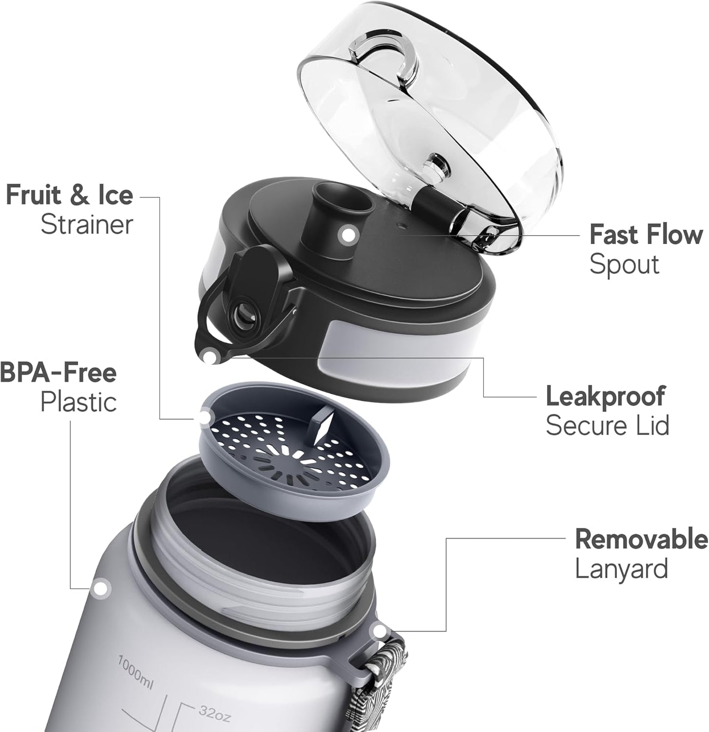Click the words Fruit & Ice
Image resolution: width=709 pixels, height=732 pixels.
coord(69,195)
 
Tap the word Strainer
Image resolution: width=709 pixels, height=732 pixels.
coord(87,225)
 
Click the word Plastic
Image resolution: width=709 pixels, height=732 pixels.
coord(79,402)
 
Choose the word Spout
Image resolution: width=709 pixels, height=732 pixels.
coord(624,265)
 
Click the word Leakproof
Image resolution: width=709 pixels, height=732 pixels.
coord(605,396)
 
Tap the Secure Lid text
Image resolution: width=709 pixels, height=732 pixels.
coord(607,425)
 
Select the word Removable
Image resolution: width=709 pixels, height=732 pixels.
coord(642,539)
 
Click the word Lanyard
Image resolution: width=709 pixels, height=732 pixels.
coord(621,569)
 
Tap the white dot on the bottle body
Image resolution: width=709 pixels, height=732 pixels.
coord(101,588)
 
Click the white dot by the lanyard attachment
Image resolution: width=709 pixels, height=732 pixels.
coord(379,631)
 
